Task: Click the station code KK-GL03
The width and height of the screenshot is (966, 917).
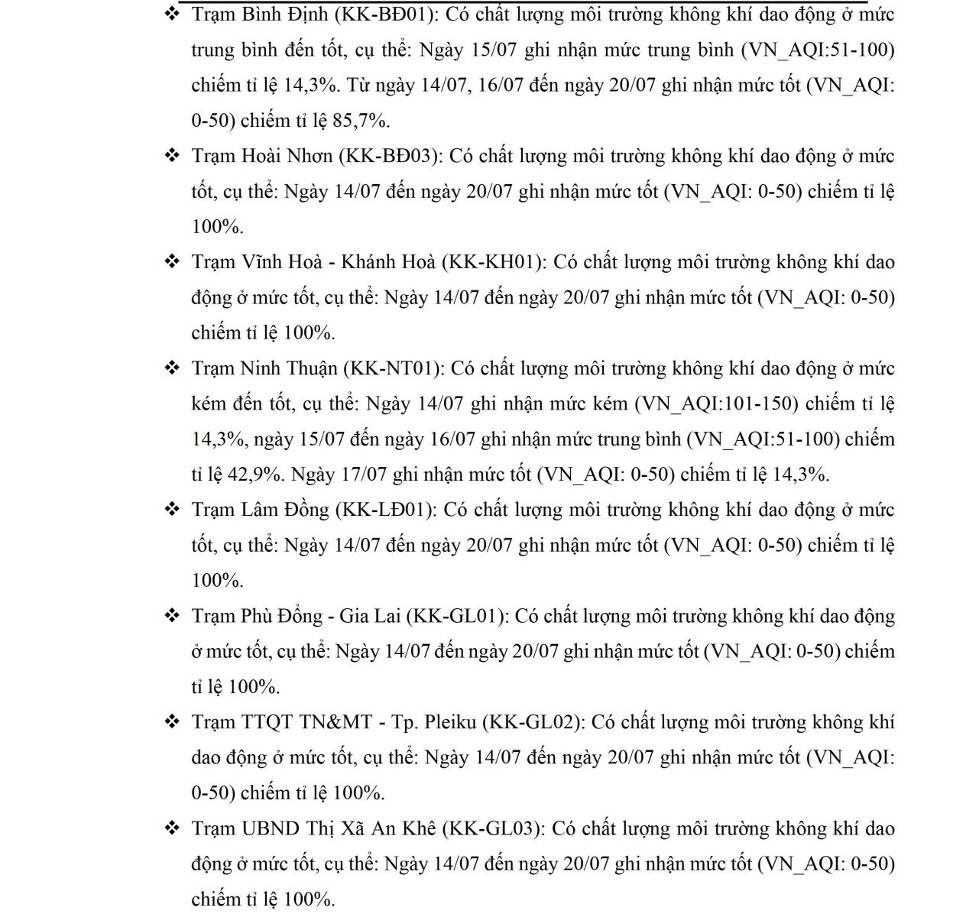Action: coord(493,828)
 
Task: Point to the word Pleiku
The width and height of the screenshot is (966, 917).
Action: coord(449,722)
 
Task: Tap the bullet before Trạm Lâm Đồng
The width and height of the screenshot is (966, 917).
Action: coord(172,509)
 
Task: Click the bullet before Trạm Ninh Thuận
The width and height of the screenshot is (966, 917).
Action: coord(172,368)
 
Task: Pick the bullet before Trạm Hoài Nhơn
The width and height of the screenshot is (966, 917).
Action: coord(172,155)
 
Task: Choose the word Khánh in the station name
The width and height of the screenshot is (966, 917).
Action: coord(370,262)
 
